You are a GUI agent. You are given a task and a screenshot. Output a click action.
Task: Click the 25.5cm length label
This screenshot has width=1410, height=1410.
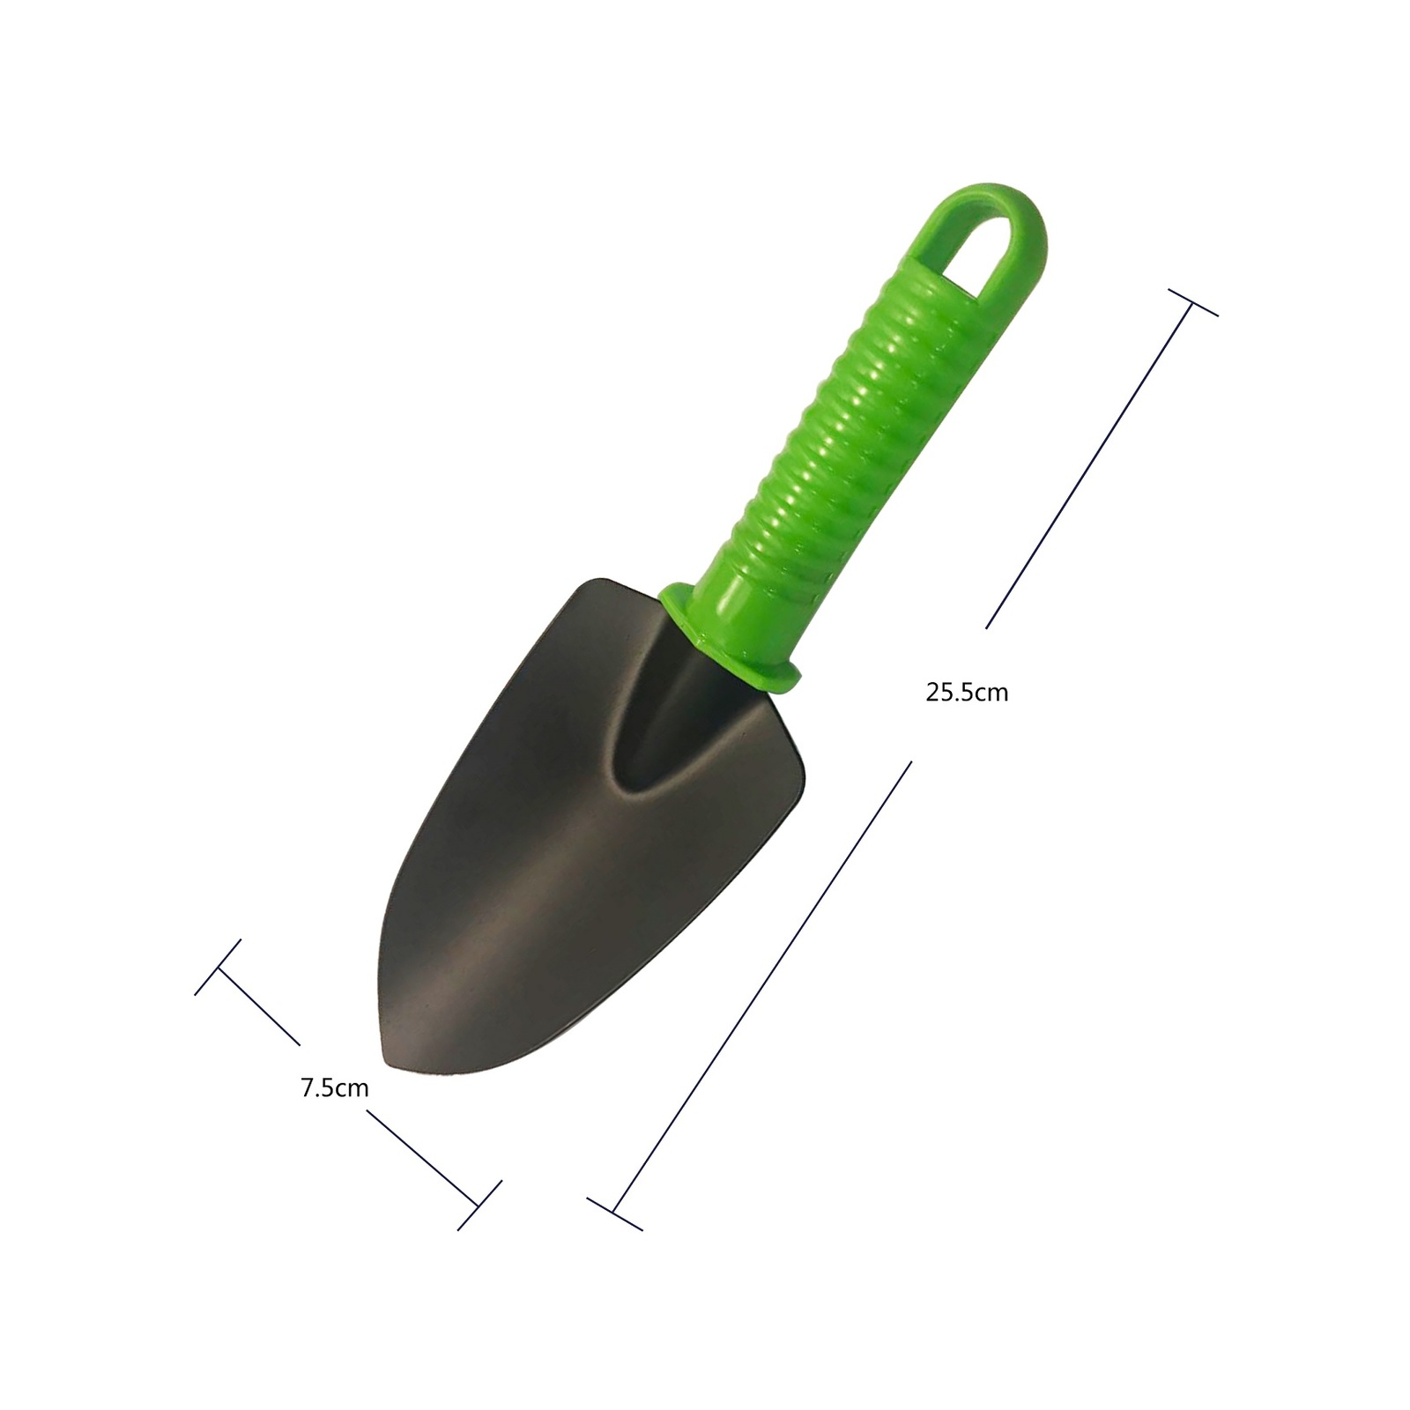click(967, 693)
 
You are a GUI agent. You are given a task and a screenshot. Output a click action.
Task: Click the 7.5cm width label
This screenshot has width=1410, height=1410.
click(335, 1088)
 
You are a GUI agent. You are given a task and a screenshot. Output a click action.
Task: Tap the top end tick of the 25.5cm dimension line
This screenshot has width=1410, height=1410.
click(1192, 302)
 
